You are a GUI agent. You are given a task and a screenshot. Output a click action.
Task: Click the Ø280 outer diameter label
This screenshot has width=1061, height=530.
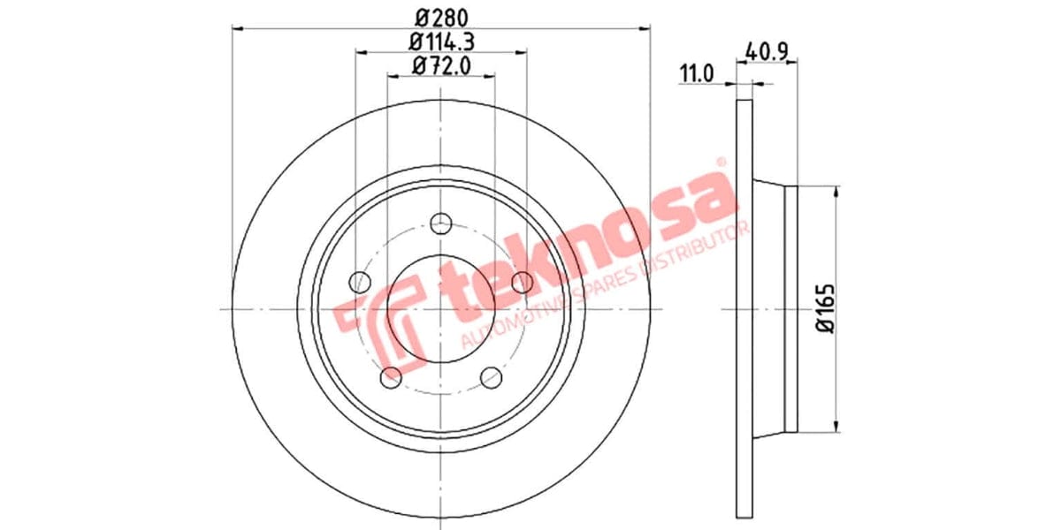click(x=440, y=16)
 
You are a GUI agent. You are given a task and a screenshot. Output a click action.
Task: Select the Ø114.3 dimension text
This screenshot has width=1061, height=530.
click(x=440, y=41)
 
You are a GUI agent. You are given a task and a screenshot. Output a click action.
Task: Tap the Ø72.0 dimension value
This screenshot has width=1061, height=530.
click(x=440, y=65)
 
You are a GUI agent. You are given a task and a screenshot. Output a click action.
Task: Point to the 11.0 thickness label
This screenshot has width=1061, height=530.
click(x=696, y=73)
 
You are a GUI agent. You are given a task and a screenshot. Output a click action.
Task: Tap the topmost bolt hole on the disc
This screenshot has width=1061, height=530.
click(x=439, y=224)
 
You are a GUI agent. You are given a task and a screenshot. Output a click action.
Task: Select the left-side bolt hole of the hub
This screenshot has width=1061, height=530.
click(x=360, y=283)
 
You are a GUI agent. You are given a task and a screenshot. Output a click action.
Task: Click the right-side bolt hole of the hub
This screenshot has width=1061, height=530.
click(x=522, y=283)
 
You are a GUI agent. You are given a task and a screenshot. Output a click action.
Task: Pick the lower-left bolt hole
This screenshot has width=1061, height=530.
click(x=390, y=377)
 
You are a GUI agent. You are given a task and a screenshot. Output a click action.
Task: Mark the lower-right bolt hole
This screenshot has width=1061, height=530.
click(x=491, y=377)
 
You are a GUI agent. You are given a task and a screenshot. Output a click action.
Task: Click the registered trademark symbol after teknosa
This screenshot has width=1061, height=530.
click(x=720, y=163)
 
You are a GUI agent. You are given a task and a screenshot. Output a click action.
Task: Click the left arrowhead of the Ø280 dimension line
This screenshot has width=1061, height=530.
click(x=236, y=28)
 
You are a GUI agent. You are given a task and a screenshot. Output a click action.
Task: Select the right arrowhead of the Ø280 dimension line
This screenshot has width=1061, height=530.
click(x=645, y=28)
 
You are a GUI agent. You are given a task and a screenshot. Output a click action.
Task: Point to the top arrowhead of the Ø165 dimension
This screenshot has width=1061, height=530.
click(x=835, y=191)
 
